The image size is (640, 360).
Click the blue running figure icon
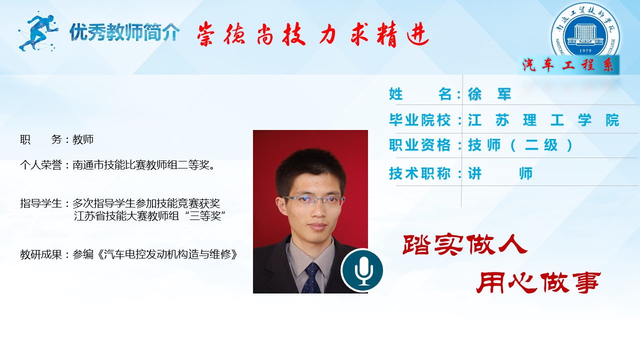tap(38, 31)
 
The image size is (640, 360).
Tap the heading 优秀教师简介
tap(124, 31)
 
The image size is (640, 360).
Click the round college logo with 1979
tap(585, 31)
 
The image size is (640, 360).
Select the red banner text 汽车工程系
tap(568, 65)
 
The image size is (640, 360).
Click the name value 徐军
tap(489, 94)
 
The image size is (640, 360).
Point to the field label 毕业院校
tap(419, 119)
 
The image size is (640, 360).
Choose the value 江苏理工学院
tap(543, 120)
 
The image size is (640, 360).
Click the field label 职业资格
tap(419, 145)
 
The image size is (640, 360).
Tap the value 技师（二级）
tap(520, 145)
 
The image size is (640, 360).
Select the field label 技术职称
tap(419, 173)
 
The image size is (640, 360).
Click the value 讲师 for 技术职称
tap(500, 173)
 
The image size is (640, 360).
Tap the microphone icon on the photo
tap(362, 270)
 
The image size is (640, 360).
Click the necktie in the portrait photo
tap(311, 278)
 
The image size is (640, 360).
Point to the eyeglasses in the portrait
tap(313, 200)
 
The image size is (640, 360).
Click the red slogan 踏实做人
tap(465, 245)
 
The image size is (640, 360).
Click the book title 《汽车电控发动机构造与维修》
tap(167, 254)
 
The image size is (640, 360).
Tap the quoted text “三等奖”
tap(205, 215)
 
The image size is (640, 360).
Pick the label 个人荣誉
tap(41, 165)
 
